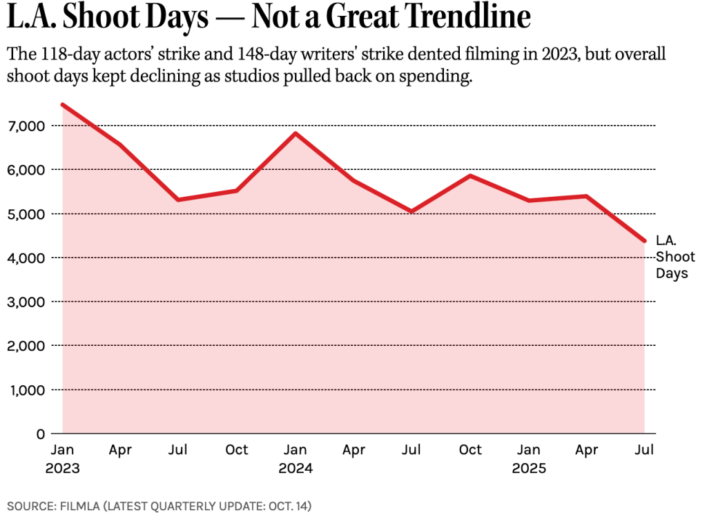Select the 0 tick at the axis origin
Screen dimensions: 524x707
[x=40, y=434]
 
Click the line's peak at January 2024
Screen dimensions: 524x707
[x=296, y=133]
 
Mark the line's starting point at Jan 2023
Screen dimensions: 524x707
[x=62, y=104]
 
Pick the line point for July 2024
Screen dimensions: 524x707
[x=412, y=211]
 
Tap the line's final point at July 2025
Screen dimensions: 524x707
[x=645, y=241]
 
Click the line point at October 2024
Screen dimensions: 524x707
[x=470, y=176]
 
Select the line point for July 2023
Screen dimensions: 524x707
[x=179, y=200]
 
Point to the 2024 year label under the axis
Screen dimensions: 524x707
[x=296, y=468]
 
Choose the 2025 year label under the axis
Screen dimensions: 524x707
[x=528, y=468]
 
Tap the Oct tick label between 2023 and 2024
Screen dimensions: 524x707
[x=237, y=450]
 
